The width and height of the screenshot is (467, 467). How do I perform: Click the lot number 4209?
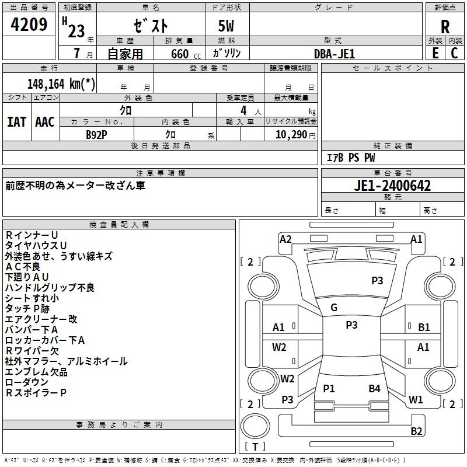point(29,26)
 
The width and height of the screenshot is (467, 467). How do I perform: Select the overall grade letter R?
point(445,26)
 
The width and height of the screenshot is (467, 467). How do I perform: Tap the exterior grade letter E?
point(435,53)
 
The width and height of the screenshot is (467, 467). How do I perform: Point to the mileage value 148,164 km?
point(61,83)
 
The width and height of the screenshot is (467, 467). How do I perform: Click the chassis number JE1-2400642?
point(393,186)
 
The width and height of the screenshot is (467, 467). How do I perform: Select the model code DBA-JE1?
point(334,53)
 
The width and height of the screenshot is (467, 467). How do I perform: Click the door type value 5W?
point(227,27)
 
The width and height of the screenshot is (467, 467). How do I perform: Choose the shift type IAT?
point(16,122)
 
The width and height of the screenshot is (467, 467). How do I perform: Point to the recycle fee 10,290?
point(290,134)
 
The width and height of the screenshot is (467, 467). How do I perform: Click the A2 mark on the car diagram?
point(285,239)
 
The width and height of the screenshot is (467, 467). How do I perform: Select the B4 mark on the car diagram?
point(374,388)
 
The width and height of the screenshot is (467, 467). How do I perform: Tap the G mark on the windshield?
point(334,308)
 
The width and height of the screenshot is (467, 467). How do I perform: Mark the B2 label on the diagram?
point(416,431)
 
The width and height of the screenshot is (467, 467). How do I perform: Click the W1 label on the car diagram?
point(416,400)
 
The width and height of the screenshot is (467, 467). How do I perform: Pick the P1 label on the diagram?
point(329,388)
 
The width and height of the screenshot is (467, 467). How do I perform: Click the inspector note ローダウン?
point(27,382)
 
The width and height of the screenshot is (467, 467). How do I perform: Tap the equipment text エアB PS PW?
point(350,158)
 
